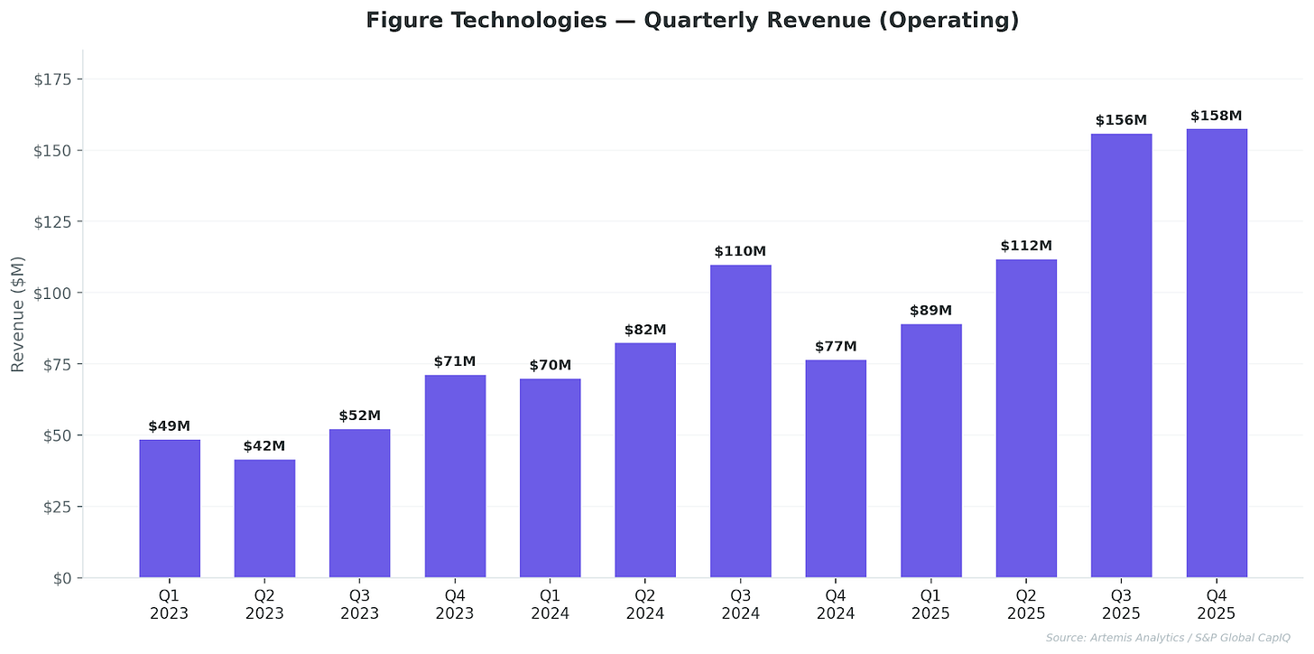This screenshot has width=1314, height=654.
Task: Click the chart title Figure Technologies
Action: (x=692, y=21)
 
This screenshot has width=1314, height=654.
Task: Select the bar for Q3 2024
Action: (x=740, y=421)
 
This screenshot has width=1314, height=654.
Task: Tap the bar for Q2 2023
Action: (x=264, y=519)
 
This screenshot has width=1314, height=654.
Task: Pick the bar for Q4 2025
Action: (x=1216, y=353)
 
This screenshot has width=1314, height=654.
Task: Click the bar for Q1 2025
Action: (x=930, y=451)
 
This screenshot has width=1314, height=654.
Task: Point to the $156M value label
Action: (x=1121, y=120)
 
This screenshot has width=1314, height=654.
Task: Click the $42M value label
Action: (x=264, y=446)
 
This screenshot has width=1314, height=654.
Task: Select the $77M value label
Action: (x=836, y=347)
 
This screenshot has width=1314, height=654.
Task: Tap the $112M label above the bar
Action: (x=1026, y=246)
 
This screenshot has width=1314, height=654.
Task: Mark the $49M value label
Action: (x=170, y=426)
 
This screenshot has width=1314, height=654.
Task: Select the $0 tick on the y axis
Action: (x=61, y=578)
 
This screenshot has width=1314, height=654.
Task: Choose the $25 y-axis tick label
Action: (x=58, y=507)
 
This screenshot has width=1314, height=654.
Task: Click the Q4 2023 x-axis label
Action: (x=455, y=604)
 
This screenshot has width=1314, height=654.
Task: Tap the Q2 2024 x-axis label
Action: (x=645, y=604)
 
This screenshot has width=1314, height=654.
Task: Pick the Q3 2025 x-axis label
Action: (x=1121, y=604)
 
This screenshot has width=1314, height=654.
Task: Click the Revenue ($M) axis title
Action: (x=17, y=313)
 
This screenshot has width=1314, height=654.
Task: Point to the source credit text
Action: (x=1168, y=639)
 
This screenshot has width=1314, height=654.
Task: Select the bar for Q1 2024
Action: (x=551, y=478)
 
